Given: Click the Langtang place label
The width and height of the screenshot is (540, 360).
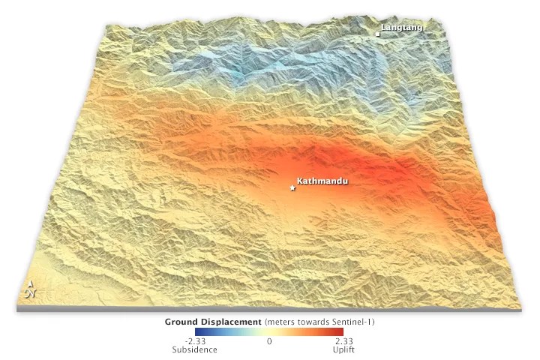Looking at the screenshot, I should (x=402, y=28).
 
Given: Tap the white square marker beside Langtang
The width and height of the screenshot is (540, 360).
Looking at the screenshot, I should (x=378, y=34).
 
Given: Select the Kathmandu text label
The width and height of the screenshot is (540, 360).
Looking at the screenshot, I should (x=322, y=181).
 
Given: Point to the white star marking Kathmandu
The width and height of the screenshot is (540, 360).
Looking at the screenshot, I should (x=292, y=188).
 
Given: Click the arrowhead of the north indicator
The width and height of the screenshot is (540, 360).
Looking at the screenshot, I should (x=31, y=283).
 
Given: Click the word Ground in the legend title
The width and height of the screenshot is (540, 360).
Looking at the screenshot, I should (x=182, y=321).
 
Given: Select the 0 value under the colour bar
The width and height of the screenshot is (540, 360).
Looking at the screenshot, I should (x=269, y=341).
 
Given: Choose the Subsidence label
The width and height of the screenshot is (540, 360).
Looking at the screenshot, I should (x=194, y=349).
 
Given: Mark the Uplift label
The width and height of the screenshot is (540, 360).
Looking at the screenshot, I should (x=344, y=349).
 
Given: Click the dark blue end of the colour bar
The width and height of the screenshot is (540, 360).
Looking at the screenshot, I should (x=197, y=331).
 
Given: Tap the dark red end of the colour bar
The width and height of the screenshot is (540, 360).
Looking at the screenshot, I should (x=341, y=331).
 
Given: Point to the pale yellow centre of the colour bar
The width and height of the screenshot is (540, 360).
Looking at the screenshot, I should (x=269, y=331).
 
